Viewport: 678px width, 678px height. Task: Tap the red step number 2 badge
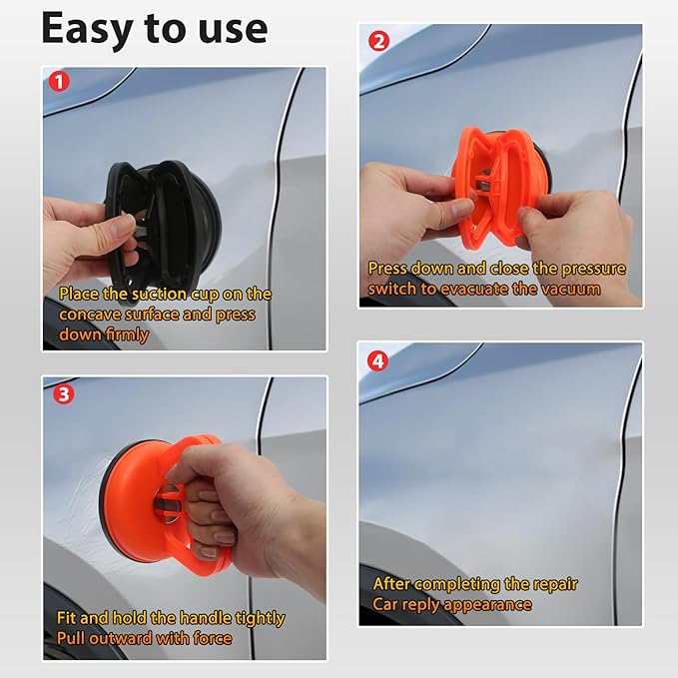coord(377,42)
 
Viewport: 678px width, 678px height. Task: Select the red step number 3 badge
coord(62,393)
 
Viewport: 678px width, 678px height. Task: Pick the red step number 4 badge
coord(377,361)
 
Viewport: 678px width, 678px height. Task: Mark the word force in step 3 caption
coord(211,638)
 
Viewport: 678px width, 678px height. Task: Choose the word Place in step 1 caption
coord(80,295)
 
